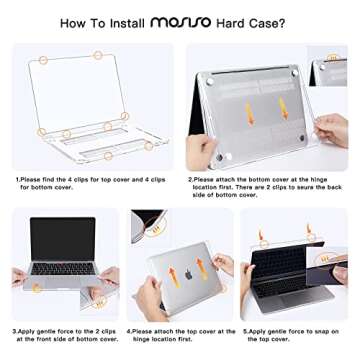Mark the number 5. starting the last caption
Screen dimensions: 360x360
point(246,329)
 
